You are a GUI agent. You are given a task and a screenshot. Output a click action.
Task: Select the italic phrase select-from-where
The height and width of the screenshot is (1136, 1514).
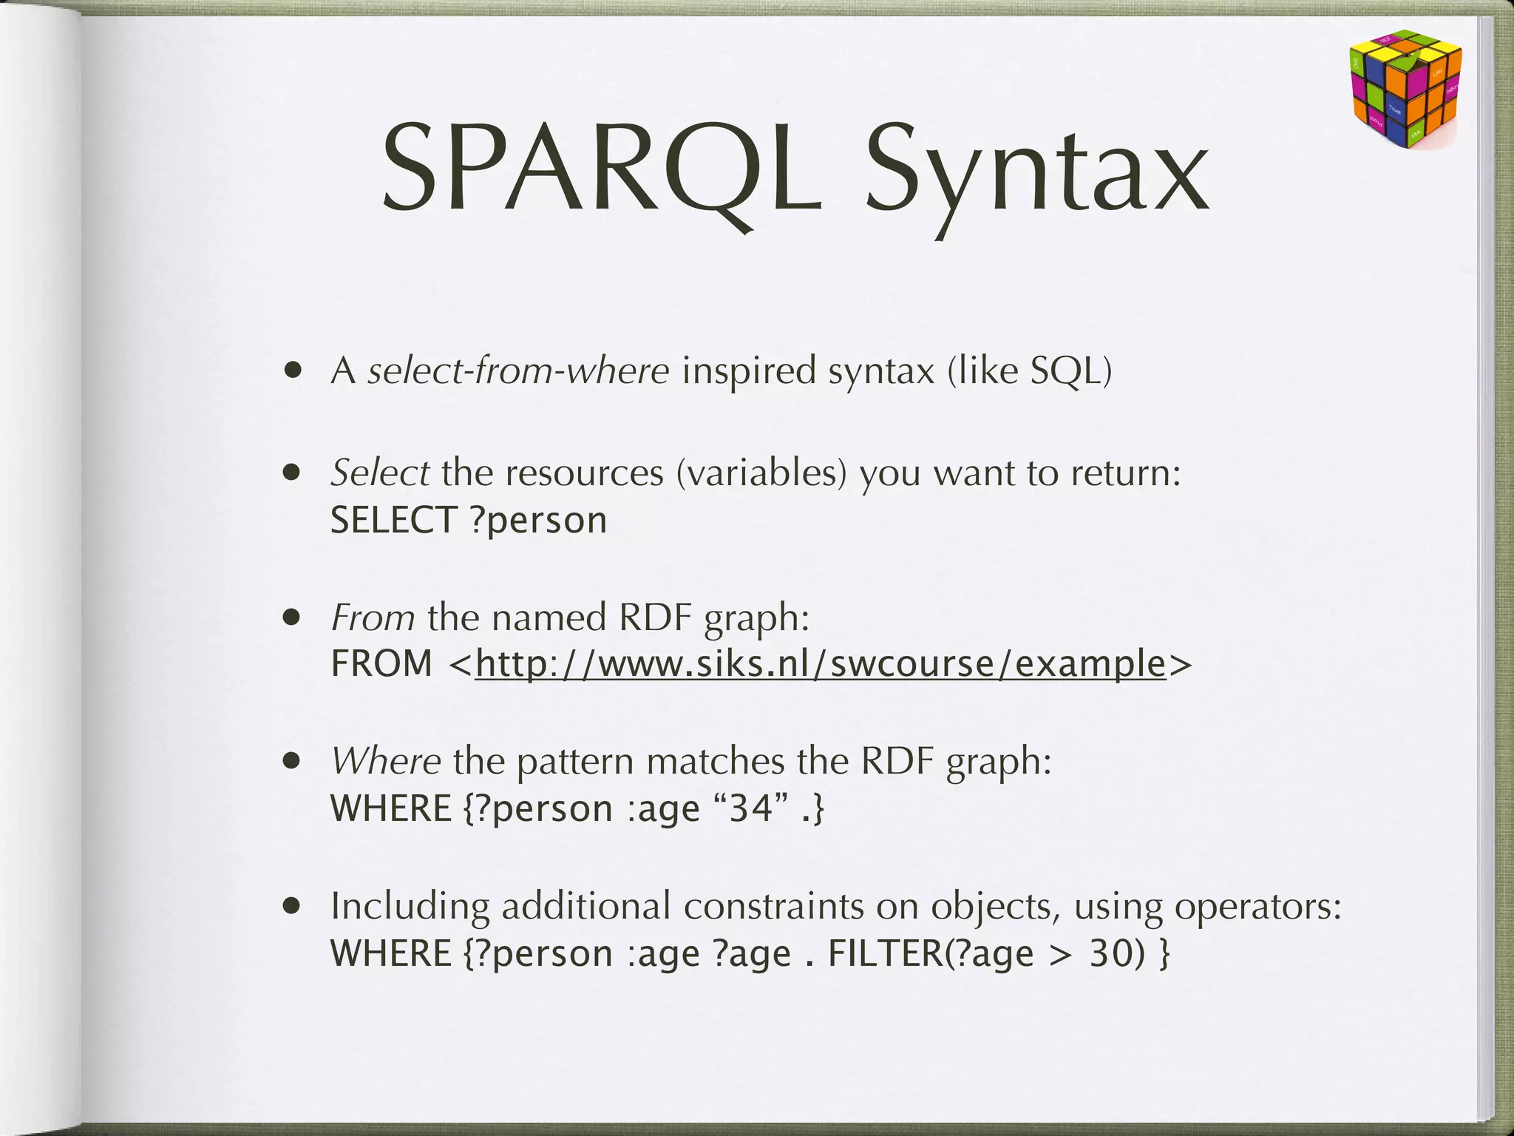click(518, 370)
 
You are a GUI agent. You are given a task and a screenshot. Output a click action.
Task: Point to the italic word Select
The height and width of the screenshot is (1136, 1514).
click(380, 472)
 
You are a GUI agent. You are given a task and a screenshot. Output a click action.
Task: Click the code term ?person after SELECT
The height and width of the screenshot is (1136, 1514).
click(538, 520)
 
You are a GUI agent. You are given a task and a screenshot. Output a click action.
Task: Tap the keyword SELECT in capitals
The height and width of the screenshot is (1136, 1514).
click(393, 520)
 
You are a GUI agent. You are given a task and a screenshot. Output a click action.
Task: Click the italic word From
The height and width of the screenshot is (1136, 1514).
click(373, 617)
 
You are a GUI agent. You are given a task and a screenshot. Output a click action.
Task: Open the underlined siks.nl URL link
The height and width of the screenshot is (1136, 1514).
click(820, 663)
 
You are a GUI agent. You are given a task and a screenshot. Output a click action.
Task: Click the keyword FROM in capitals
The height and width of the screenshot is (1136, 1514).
click(381, 663)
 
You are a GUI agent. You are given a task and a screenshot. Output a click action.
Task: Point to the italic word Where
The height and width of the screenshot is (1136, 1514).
click(386, 760)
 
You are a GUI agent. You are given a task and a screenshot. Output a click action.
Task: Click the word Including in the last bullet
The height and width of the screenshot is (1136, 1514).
click(410, 906)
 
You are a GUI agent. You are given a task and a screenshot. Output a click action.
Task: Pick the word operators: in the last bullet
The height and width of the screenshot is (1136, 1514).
click(1257, 906)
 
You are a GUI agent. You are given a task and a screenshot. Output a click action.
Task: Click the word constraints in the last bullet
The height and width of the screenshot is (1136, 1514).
click(773, 906)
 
